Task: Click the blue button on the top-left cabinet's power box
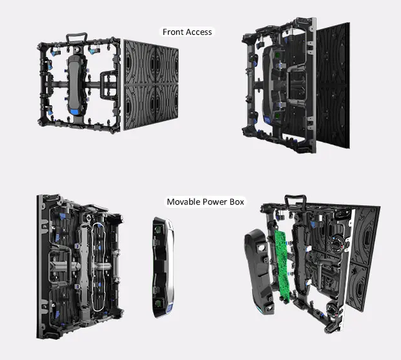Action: pyautogui.click(x=74, y=113)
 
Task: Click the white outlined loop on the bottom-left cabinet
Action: pyautogui.click(x=99, y=260)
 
